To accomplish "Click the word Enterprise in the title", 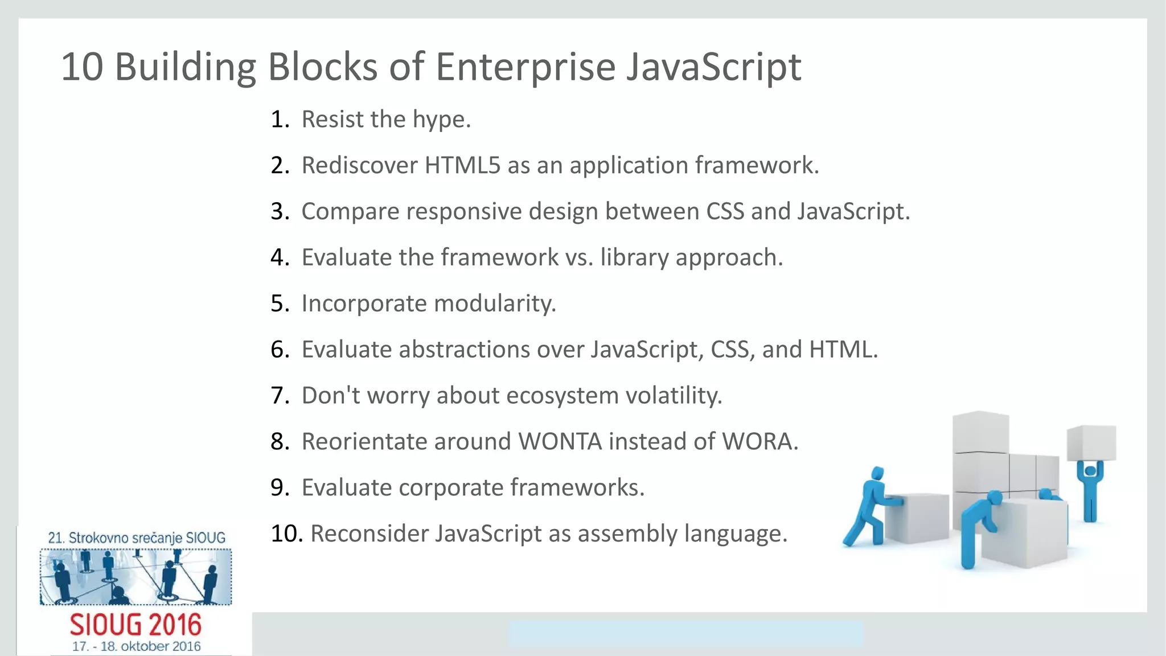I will click(x=525, y=67).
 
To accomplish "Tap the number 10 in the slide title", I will click(x=82, y=67).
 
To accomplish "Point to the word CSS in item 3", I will click(x=725, y=211).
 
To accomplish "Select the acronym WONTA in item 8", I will click(x=560, y=442).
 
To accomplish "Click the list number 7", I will click(x=280, y=396).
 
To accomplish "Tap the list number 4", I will click(x=280, y=257).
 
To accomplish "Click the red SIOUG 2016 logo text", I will click(x=136, y=625).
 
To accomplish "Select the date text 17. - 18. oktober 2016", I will click(x=136, y=647).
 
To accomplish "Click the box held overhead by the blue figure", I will click(x=1091, y=442).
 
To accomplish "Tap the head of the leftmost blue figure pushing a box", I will click(x=877, y=474).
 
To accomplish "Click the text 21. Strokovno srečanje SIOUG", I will click(x=136, y=538).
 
